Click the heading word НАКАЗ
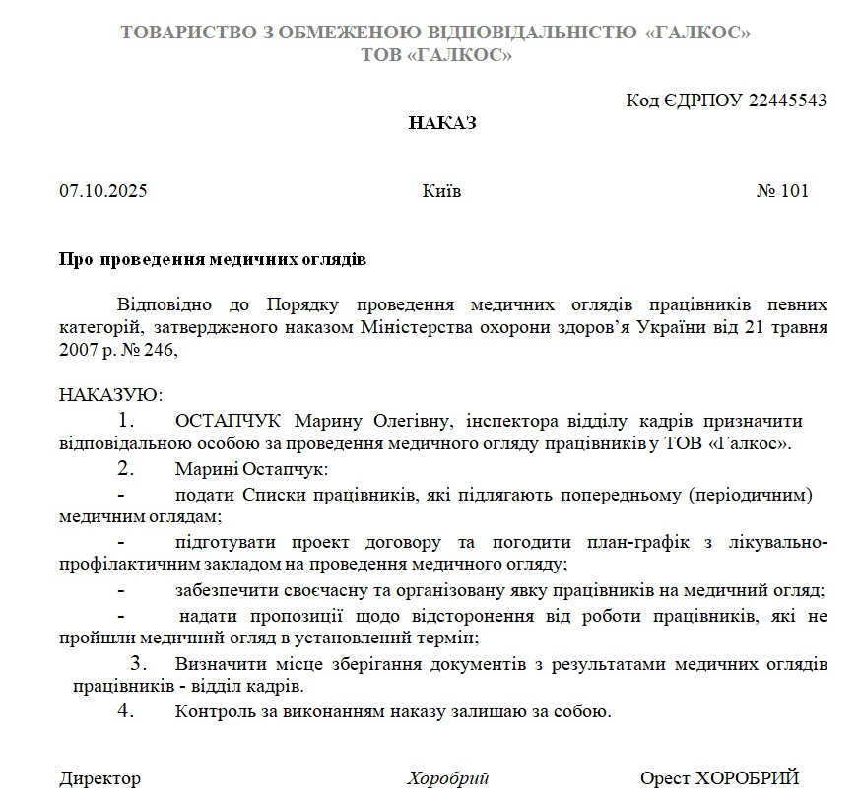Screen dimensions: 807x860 [x=442, y=124]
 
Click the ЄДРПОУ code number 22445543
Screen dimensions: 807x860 [x=787, y=101]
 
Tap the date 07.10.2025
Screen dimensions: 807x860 [x=102, y=191]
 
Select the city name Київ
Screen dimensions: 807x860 [x=441, y=191]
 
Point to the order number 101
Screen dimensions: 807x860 [x=794, y=191]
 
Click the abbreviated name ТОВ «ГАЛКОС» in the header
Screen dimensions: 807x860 [x=436, y=56]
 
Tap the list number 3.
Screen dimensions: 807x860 [x=139, y=662]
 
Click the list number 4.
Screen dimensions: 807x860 [x=126, y=711]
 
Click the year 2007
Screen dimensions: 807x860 [x=78, y=349]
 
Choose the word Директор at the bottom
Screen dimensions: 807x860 [x=99, y=778]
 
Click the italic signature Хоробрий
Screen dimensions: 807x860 [x=448, y=778]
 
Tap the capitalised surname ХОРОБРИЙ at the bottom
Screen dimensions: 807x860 [x=747, y=778]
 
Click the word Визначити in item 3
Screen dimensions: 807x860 [x=217, y=664]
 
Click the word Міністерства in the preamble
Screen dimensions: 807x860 [x=423, y=326]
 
